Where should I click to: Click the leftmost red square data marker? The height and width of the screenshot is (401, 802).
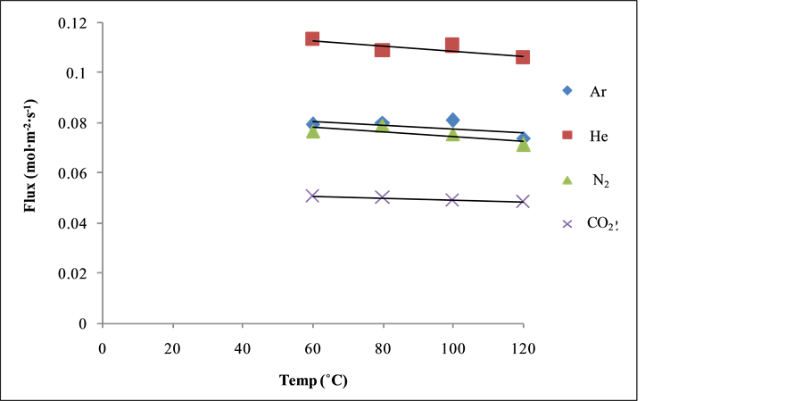click(x=312, y=38)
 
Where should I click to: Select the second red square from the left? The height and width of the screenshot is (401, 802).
click(x=382, y=50)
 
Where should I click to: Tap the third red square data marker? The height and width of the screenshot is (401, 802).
click(x=452, y=44)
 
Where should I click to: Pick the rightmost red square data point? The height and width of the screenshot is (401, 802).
click(x=523, y=57)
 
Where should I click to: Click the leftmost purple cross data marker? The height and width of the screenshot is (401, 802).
click(x=312, y=196)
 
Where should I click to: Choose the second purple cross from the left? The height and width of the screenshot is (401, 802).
click(x=382, y=197)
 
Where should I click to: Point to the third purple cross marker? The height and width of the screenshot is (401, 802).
click(x=452, y=199)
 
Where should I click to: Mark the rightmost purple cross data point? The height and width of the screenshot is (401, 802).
click(x=523, y=201)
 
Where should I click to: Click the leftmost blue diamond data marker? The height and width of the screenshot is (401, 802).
click(x=311, y=122)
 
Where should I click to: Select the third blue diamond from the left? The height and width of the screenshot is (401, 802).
click(x=452, y=120)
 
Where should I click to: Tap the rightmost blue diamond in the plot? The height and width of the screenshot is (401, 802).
click(x=524, y=138)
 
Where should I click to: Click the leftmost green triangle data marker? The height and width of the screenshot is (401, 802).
click(x=312, y=133)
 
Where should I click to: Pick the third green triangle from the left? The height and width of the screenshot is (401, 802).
click(x=452, y=136)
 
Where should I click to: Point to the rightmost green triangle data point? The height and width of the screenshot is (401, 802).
click(x=523, y=146)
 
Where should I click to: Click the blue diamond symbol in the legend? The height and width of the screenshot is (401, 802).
click(x=567, y=90)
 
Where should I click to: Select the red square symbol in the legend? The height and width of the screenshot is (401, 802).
click(x=567, y=135)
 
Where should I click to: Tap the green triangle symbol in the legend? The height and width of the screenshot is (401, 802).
click(x=567, y=180)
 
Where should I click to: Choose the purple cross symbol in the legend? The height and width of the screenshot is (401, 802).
click(x=567, y=224)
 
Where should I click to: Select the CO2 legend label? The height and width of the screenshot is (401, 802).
click(x=600, y=225)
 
